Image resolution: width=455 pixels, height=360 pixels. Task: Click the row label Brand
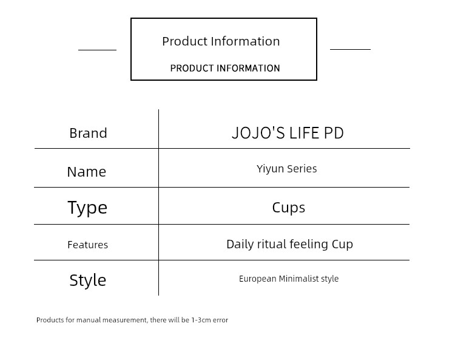pos(88,134)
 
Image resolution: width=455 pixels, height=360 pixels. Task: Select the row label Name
pos(87,172)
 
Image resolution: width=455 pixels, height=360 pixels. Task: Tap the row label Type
pos(87,208)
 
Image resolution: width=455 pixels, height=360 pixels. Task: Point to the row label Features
pos(87,245)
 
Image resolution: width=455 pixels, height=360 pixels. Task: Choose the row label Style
pos(87,280)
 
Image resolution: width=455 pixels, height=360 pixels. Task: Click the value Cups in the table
pos(289,208)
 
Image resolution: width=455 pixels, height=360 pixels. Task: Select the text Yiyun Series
pos(287,169)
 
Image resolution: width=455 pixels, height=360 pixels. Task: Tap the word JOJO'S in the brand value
pos(258,133)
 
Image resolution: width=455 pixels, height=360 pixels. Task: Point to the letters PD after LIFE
pos(334,133)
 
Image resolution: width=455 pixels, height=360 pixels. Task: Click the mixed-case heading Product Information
pos(221,41)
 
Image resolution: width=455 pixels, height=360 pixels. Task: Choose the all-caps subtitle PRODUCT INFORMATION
pos(225,68)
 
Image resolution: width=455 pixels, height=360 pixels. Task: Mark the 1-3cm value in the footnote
pos(201,320)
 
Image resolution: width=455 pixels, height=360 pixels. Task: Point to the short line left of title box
pos(97,50)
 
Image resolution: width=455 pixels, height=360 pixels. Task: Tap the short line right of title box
pos(350,49)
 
